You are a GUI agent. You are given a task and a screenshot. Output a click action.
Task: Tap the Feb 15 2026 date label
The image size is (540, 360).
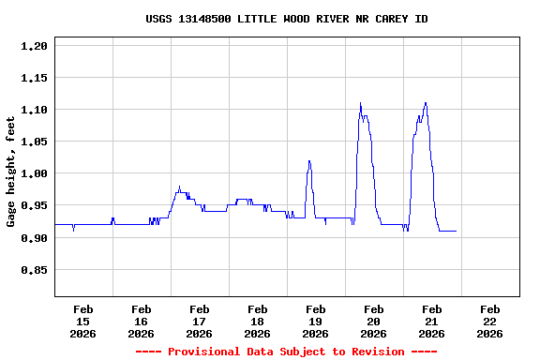82,322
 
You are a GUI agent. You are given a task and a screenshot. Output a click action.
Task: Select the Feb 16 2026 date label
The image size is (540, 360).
141,322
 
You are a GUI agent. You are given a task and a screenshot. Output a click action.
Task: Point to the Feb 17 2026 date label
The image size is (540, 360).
199,322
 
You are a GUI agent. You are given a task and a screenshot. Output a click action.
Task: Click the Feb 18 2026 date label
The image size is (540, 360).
257,322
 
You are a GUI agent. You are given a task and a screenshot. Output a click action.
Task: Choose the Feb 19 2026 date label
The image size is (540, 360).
315,322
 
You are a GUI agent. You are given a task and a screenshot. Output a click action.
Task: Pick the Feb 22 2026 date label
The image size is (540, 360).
489,322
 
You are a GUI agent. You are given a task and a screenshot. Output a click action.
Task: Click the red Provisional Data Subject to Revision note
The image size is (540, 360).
286,352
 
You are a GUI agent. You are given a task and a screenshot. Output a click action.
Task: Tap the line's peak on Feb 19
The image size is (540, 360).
309,161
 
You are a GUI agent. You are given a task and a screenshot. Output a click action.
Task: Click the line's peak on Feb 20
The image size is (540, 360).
360,103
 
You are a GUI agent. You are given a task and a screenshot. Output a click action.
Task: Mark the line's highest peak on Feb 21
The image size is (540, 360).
426,103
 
